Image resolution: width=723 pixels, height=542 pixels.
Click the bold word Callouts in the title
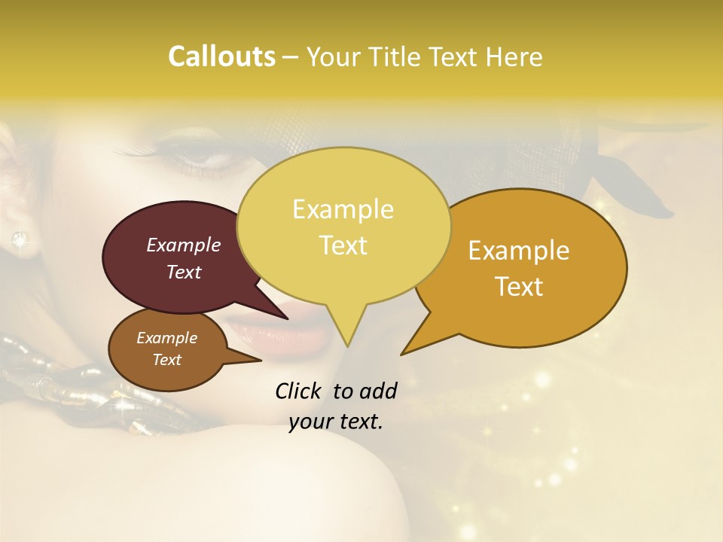(x=221, y=56)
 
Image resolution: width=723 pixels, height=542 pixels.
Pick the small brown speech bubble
(x=166, y=349)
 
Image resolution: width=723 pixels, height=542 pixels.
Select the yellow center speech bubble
(x=343, y=226)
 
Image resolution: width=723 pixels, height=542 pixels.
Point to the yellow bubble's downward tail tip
(x=347, y=346)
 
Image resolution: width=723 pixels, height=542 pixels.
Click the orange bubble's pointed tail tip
(x=402, y=354)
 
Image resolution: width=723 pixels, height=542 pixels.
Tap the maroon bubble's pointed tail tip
(x=287, y=318)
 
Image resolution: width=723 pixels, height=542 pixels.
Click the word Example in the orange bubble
(x=519, y=251)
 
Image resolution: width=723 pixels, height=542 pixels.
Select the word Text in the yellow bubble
(x=343, y=245)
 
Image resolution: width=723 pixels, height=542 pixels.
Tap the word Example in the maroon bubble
(x=184, y=245)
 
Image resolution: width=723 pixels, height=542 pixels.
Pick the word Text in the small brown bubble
(x=167, y=360)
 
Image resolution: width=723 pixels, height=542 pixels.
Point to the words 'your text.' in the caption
(x=336, y=422)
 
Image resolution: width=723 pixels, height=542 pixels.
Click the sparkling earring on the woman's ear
(x=18, y=239)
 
